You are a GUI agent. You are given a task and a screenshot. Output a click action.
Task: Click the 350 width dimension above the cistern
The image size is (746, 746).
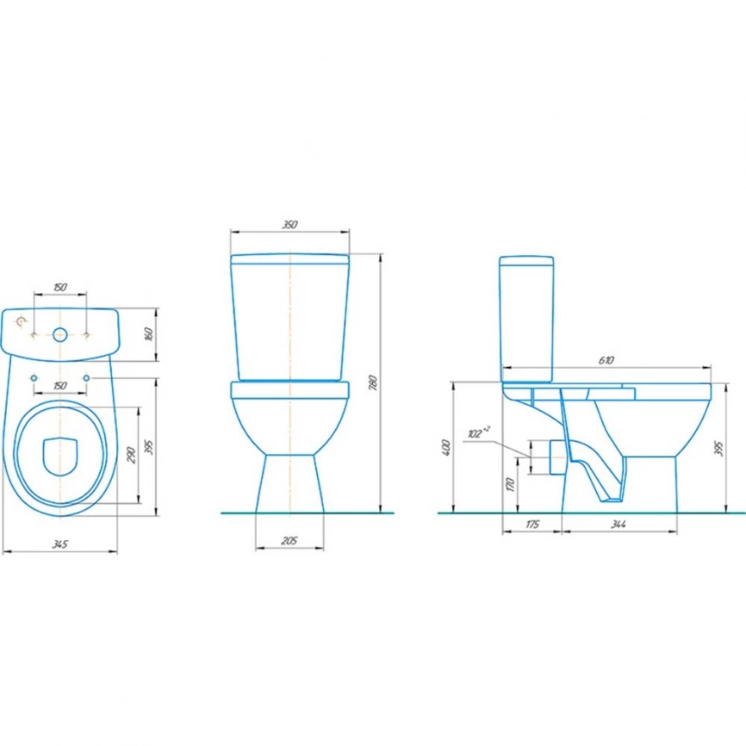[x=289, y=225]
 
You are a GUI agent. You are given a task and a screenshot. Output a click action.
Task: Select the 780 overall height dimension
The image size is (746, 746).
[x=374, y=383]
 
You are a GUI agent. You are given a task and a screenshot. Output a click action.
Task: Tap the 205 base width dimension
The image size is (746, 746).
[x=289, y=541]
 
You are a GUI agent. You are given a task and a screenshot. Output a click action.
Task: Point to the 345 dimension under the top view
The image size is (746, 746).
[x=60, y=544]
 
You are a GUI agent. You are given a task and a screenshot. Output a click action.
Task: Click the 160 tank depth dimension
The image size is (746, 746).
[x=149, y=334]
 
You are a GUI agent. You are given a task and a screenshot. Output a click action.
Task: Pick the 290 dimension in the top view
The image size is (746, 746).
[x=131, y=456]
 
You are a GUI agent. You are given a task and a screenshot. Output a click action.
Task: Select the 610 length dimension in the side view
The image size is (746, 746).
[x=606, y=360]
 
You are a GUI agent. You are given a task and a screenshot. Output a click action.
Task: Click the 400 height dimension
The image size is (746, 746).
[x=446, y=448]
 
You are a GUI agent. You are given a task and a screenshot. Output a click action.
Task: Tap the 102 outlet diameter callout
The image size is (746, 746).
[x=477, y=432]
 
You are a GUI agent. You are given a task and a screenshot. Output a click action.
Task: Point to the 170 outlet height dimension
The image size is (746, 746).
[x=511, y=485]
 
